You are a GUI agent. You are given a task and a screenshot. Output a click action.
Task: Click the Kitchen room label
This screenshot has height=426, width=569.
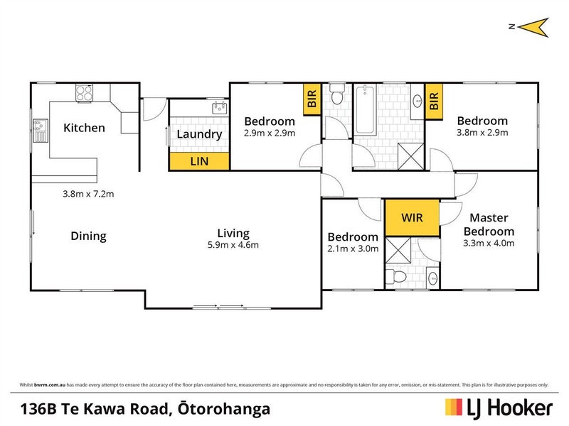pos(84,128)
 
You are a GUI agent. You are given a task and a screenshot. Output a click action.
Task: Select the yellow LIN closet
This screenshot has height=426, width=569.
pos(198,162)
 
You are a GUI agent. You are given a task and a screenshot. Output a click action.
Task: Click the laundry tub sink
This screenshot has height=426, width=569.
pos(218,108)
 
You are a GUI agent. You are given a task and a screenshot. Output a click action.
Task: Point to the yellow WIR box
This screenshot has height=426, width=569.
pos(413,217)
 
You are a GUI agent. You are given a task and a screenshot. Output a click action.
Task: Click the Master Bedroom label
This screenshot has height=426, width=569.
pos(489,224)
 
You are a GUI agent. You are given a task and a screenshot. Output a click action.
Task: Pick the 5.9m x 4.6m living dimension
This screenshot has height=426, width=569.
pos(233,246)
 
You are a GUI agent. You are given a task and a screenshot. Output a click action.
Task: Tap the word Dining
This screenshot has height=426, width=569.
pos(88,236)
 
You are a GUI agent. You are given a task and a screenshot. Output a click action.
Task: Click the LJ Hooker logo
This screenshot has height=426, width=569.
pos(499,408)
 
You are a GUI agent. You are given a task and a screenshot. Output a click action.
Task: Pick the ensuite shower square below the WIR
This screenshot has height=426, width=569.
pos(399,251)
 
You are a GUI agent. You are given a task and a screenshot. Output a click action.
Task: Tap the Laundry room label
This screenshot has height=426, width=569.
pos(199,133)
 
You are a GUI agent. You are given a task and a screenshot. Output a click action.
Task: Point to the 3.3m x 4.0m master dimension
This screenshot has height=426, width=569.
pos(489,243)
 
